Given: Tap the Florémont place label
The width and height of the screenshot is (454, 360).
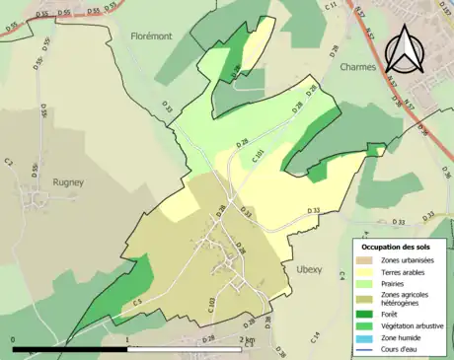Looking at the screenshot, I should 151,36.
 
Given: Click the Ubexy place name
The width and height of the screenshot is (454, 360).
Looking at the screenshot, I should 309,268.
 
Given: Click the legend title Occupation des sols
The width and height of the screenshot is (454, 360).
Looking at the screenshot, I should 399,246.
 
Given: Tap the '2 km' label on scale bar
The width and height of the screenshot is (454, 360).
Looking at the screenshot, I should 248,340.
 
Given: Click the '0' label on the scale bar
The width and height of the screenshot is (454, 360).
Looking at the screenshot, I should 14,340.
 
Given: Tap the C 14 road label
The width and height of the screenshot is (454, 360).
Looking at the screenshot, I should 315,338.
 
